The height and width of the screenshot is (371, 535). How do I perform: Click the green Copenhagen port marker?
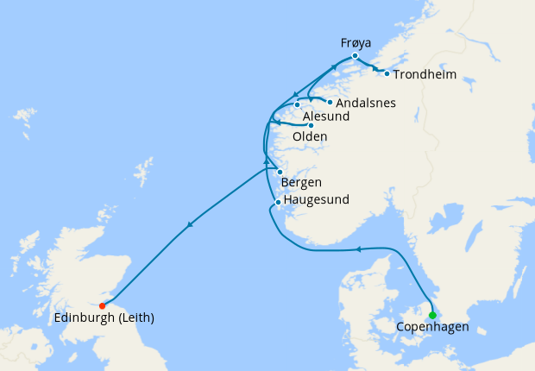point(432,315)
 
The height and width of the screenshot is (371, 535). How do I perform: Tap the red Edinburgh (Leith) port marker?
point(103,305)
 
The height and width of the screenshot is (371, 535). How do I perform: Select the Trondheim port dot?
point(387,73)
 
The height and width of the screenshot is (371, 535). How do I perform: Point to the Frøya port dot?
point(355,56)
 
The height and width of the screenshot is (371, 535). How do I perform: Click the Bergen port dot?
point(280,172)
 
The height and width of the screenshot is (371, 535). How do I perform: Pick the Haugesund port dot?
point(277,203)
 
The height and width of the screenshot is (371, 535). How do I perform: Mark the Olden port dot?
point(311,125)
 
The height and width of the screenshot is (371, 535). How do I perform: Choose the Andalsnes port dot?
point(330,102)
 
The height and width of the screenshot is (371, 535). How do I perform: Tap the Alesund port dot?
point(297,105)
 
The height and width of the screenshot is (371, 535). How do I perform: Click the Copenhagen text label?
point(432,328)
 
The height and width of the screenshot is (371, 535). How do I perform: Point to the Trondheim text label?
point(425,74)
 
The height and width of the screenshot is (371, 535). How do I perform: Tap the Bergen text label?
point(302,183)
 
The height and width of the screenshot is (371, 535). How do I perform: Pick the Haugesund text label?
point(316,200)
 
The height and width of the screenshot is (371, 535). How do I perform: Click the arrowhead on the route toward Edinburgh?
point(189,226)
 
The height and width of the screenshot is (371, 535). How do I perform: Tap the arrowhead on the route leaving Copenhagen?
point(357,249)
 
